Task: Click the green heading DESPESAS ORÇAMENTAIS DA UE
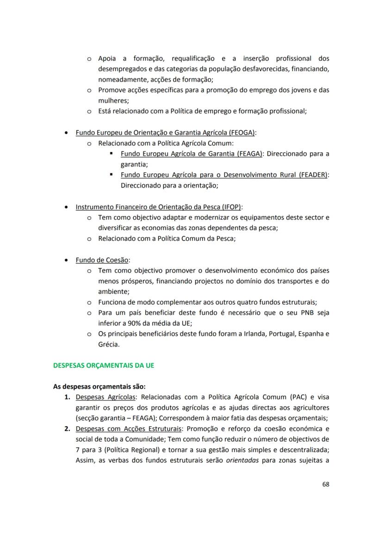(104, 365)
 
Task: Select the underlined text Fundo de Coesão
(102, 260)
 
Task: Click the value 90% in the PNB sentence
(131, 323)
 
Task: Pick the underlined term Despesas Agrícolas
(106, 397)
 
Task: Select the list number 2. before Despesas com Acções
(67, 429)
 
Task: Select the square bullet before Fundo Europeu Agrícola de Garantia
(112, 154)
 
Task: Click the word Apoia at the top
(107, 58)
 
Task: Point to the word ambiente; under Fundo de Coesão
(114, 292)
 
